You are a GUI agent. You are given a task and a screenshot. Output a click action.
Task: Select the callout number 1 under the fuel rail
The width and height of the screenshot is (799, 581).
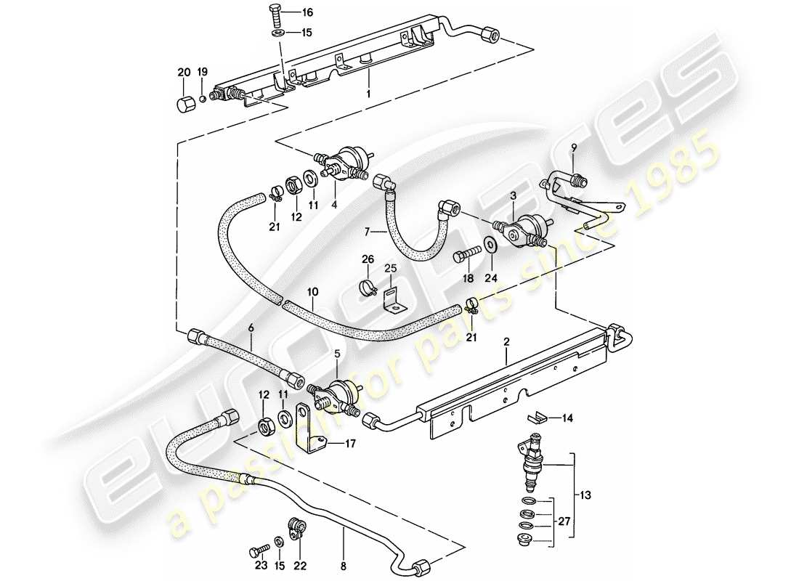click(369, 94)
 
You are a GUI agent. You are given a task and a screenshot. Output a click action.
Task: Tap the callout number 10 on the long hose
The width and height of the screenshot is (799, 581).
click(312, 292)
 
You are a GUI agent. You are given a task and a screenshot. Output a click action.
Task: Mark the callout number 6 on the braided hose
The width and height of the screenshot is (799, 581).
click(250, 328)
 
